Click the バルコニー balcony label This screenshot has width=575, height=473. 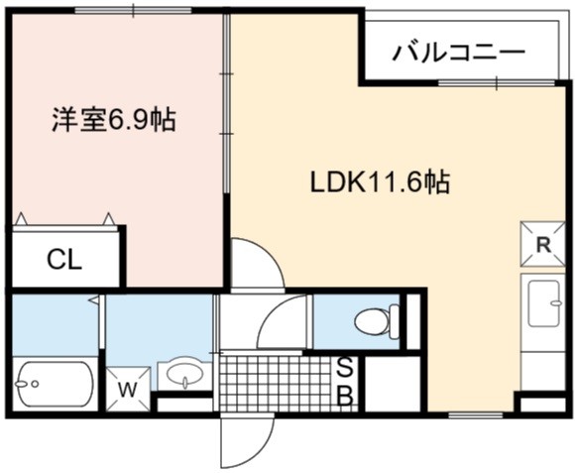[458, 54]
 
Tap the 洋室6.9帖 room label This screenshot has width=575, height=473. [113, 120]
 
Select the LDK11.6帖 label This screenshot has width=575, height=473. [380, 182]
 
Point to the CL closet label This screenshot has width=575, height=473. [64, 260]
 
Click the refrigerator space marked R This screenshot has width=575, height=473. [542, 244]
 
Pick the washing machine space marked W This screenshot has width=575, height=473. [128, 389]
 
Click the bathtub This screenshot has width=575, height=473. [55, 384]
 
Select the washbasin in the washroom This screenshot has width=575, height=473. [184, 375]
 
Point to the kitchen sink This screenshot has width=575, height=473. [543, 302]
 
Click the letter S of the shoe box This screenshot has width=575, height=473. [344, 368]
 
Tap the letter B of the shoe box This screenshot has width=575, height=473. [345, 396]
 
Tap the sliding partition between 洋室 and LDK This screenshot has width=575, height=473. [227, 103]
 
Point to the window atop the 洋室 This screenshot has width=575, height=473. [134, 11]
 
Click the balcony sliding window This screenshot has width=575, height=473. [497, 83]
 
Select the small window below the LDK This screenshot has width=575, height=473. [476, 415]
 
